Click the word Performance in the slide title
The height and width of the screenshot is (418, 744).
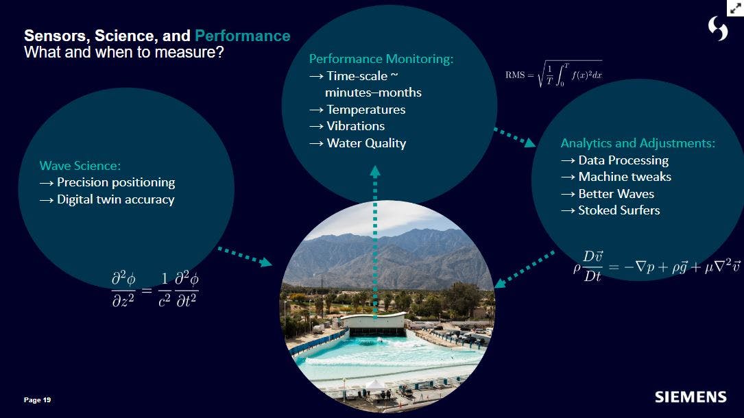pyautogui.click(x=242, y=36)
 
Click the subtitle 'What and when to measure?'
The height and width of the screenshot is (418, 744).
pyautogui.click(x=123, y=53)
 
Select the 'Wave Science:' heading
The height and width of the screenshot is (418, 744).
pyautogui.click(x=80, y=166)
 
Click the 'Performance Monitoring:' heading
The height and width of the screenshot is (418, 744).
pyautogui.click(x=381, y=59)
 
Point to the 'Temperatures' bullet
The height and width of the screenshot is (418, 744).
pyautogui.click(x=365, y=110)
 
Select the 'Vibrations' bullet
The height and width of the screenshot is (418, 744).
pyautogui.click(x=355, y=126)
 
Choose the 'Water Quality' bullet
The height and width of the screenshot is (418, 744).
pyautogui.click(x=366, y=143)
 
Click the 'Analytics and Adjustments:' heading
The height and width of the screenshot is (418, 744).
pyautogui.click(x=638, y=143)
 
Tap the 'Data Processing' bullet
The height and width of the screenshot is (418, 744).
pyautogui.click(x=623, y=160)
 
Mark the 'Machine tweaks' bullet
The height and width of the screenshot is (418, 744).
pyautogui.click(x=624, y=177)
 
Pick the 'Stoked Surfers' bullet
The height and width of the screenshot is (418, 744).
pyautogui.click(x=619, y=210)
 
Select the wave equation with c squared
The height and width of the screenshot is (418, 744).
pyautogui.click(x=155, y=288)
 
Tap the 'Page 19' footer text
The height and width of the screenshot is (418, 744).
pyautogui.click(x=37, y=400)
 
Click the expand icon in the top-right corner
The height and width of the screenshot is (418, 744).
pyautogui.click(x=735, y=8)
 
